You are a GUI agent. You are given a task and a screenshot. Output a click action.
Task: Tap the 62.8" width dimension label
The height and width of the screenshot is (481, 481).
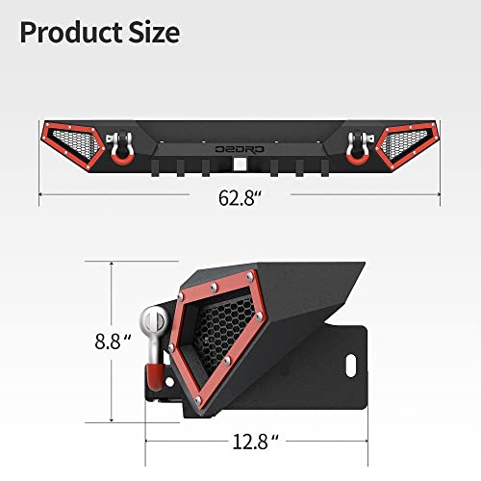coord(240,200)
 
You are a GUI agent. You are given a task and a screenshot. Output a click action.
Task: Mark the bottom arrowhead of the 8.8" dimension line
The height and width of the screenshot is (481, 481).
coord(113,420)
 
